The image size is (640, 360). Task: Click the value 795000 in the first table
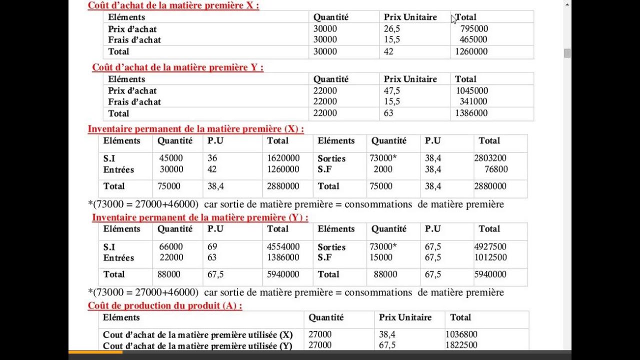474,29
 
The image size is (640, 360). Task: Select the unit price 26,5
392,29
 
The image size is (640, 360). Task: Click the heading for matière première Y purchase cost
177,67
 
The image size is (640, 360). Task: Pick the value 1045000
471,91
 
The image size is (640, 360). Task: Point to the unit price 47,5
392,91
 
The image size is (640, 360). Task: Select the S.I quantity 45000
171,158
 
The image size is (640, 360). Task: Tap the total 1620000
283,158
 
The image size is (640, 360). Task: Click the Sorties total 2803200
490,158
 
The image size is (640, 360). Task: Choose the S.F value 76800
496,169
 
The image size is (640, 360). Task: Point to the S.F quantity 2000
383,169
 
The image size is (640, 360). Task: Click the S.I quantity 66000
171,247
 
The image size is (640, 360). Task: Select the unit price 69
212,247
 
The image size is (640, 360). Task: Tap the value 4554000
283,247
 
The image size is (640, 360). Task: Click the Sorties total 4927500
490,247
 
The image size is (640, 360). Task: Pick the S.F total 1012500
490,257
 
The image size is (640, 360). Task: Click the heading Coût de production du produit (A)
165,305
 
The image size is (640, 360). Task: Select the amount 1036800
461,334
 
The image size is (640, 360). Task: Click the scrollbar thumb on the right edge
567,53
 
